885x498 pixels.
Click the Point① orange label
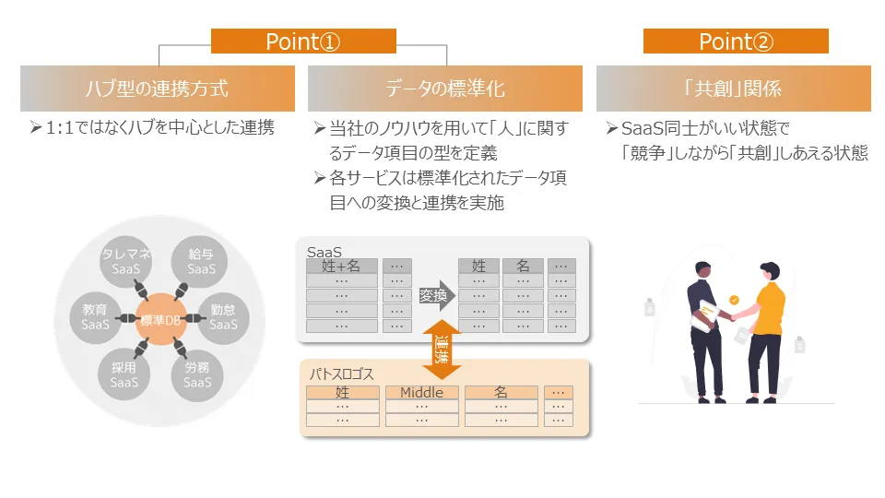click(x=303, y=41)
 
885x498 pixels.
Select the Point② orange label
click(x=736, y=41)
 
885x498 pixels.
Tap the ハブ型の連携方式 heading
click(x=158, y=89)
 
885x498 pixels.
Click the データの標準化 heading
click(x=444, y=89)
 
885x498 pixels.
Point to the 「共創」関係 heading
click(x=733, y=89)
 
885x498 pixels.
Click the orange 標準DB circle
click(x=160, y=320)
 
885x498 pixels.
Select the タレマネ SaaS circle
click(x=125, y=262)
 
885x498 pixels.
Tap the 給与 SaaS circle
click(x=200, y=262)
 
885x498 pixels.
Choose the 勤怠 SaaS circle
click(x=223, y=317)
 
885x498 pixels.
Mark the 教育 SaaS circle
click(x=95, y=317)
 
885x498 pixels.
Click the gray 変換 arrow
click(x=436, y=295)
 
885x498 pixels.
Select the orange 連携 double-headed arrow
click(x=442, y=350)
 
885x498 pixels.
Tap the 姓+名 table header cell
click(x=341, y=266)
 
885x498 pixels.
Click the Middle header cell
click(x=421, y=393)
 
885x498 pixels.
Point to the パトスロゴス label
click(x=341, y=373)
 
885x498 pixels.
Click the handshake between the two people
click(x=735, y=315)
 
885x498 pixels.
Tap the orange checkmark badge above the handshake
click(x=734, y=300)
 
